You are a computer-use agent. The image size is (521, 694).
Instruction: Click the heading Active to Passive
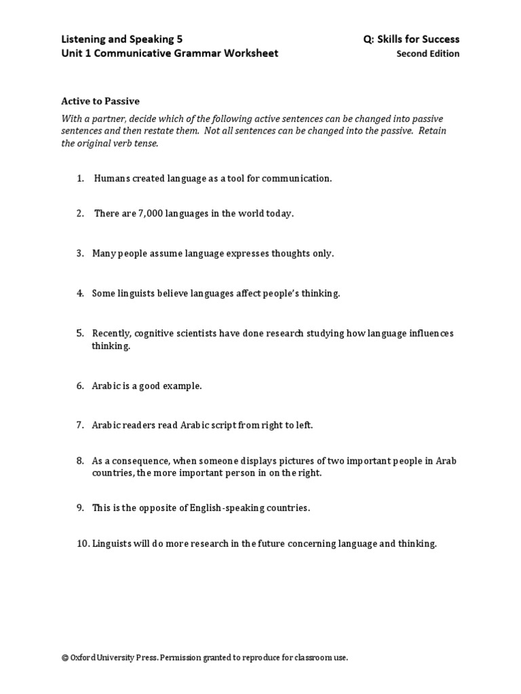pos(100,101)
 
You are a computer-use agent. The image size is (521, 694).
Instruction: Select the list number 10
pos(82,544)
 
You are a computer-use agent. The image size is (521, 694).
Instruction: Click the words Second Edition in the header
pos(427,54)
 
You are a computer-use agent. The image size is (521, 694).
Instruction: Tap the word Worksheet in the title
pos(250,54)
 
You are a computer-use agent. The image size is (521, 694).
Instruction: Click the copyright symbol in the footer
pos(64,657)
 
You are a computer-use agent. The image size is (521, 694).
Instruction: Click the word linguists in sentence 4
pos(138,293)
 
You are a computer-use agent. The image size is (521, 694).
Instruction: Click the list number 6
pos(80,386)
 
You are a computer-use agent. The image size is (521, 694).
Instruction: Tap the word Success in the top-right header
pos(440,39)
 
